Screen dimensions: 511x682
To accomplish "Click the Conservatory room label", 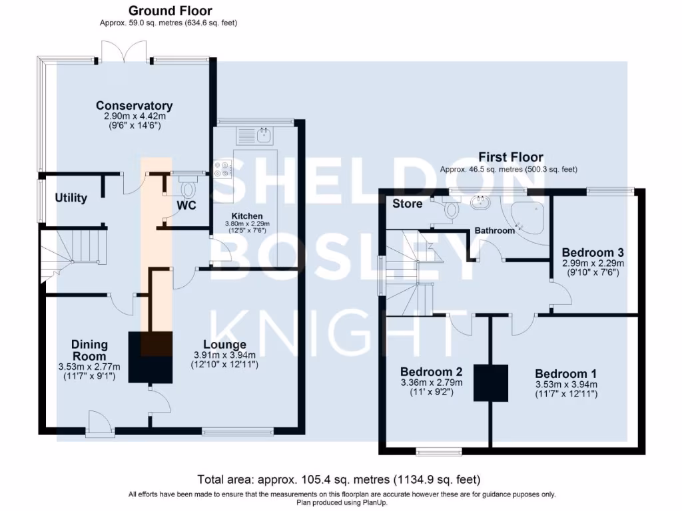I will pos(134,106).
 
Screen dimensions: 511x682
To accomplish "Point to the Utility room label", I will pos(71,198).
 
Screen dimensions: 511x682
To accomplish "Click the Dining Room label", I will pos(89,349).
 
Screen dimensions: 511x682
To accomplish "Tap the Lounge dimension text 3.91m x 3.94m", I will pos(224,355).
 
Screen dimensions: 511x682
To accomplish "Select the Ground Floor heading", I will pos(170,11).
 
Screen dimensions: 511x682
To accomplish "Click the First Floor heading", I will pos(510,157).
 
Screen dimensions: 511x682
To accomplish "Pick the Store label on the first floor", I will pos(407,204).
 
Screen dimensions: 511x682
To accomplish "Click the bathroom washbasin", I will pos(478,202).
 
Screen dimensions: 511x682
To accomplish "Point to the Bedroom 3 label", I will pos(592,253).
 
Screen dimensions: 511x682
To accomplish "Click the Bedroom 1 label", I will pos(565,373).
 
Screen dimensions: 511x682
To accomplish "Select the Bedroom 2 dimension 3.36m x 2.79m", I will pos(431,383).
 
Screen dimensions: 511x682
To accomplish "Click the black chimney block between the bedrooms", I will pos(490,383).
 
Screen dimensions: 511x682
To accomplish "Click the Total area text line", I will pos(338,479).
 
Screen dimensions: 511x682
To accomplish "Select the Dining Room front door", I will pos(98,422).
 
